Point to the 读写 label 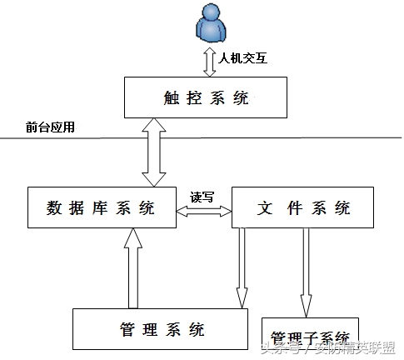click(x=202, y=197)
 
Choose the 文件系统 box click(x=291, y=208)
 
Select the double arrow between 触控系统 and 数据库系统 click(x=153, y=152)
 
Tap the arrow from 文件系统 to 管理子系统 click(x=306, y=271)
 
